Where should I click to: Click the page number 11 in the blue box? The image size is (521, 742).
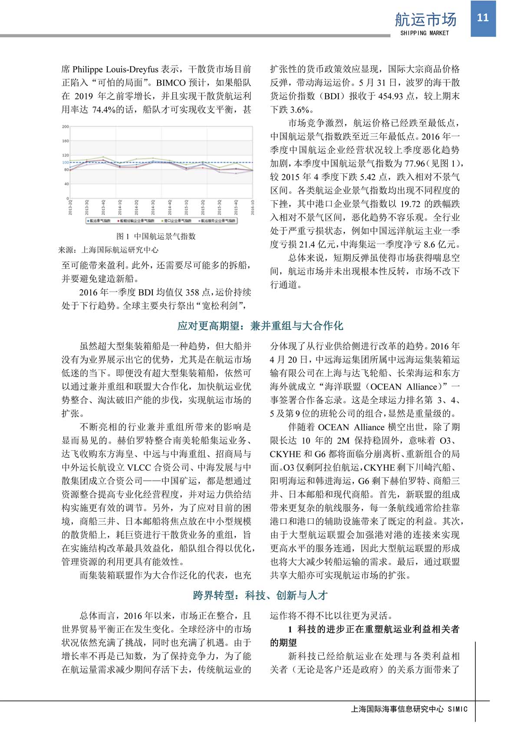[x=483, y=18]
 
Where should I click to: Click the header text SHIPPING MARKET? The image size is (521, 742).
[x=424, y=33]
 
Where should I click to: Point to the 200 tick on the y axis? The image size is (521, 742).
[x=65, y=126]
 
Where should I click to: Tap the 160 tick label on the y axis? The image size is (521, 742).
[x=65, y=141]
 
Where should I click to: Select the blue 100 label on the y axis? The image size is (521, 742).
[x=65, y=163]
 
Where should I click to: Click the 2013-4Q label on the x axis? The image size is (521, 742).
[x=103, y=207]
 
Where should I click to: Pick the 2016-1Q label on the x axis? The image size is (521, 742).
[x=252, y=207]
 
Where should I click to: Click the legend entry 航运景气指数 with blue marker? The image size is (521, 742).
[x=99, y=221]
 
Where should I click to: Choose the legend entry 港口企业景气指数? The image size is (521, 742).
[x=177, y=221]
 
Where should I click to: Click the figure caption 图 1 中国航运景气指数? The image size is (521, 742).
[x=156, y=236]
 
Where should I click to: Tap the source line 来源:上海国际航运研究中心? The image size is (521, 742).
[x=109, y=250]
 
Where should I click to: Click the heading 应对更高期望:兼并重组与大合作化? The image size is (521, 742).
[x=260, y=326]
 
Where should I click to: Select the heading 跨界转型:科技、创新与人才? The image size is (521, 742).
[x=260, y=596]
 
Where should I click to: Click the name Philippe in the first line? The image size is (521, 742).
[x=88, y=69]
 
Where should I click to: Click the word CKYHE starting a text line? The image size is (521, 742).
[x=285, y=454]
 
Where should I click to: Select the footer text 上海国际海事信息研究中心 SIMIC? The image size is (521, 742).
[x=409, y=709]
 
